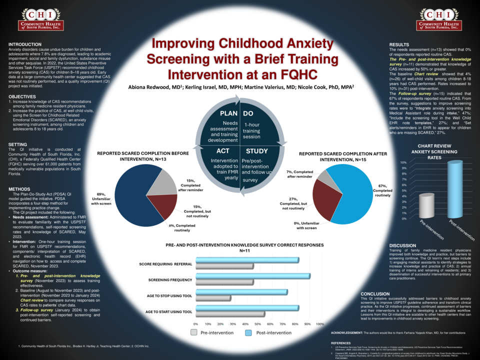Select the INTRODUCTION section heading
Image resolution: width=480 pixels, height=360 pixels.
tap(25, 44)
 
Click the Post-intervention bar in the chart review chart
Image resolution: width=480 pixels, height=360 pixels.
tap(454, 189)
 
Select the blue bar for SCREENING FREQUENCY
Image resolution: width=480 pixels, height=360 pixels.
tap(253, 276)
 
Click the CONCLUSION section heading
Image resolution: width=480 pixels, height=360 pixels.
tap(375, 294)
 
